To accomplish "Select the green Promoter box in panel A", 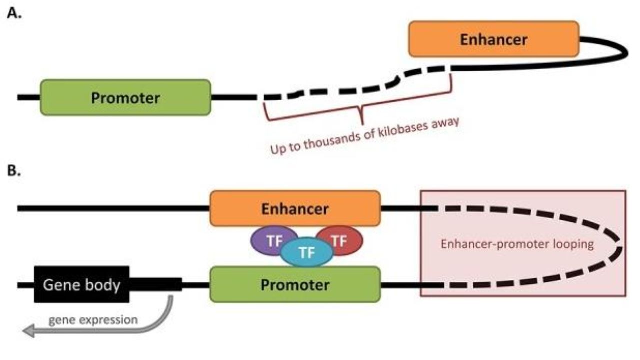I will pyautogui.click(x=125, y=97).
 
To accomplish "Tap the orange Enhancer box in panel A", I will pyautogui.click(x=494, y=39).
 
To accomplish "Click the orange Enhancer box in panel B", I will pyautogui.click(x=295, y=208).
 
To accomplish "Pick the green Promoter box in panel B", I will pyautogui.click(x=295, y=285).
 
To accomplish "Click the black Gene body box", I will pyautogui.click(x=81, y=285).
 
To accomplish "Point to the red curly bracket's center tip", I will pyautogui.click(x=361, y=121).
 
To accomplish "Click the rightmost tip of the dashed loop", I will pyautogui.click(x=621, y=247).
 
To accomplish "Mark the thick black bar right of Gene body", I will pyautogui.click(x=155, y=285).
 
